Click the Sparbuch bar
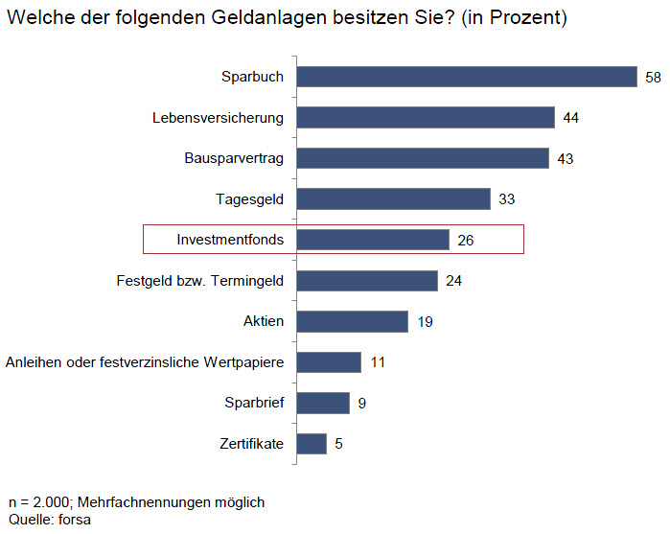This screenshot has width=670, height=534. coord(467,77)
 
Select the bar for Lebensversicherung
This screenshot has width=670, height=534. coord(426,117)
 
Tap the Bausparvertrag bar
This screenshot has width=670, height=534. coord(423,158)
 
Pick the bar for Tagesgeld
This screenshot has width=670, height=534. coord(393,198)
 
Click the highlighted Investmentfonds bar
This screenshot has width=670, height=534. coord(373,240)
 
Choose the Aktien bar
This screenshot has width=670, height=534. coord(352,321)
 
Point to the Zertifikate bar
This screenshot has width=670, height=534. coord(312,444)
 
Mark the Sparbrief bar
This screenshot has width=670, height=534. coord(323,403)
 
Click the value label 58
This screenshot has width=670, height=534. coord(653,77)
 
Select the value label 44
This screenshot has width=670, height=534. coord(571,118)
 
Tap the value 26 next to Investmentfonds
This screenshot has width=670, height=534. coord(466,240)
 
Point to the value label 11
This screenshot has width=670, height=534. coord(377,362)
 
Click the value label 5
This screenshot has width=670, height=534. coord(338,444)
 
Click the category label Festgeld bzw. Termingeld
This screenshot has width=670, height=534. coord(199,280)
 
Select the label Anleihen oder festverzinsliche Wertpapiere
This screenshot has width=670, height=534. coord(145,362)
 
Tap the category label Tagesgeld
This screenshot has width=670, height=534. coord(249,198)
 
